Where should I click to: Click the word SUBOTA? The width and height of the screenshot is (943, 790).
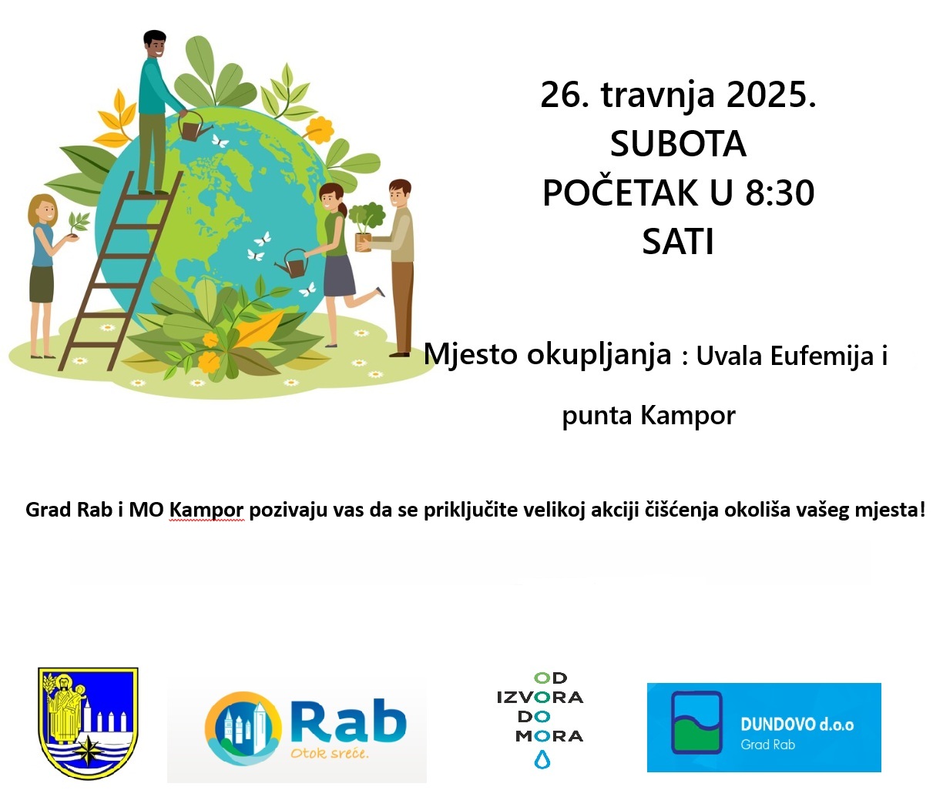click(x=678, y=144)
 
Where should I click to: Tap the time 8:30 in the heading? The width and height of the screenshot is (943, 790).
click(x=780, y=193)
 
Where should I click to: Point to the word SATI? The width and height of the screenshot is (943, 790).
click(x=678, y=242)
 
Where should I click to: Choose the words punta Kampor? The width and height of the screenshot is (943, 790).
click(x=649, y=415)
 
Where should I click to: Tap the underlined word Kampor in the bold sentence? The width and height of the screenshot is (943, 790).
click(x=206, y=510)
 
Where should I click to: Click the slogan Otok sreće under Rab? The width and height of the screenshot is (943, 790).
click(x=329, y=753)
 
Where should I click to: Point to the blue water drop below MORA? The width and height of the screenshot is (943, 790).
click(x=542, y=759)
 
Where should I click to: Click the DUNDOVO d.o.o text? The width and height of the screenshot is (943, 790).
click(x=797, y=725)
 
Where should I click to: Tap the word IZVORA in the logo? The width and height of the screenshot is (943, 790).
click(x=540, y=698)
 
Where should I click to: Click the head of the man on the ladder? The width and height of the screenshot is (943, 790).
click(x=154, y=44)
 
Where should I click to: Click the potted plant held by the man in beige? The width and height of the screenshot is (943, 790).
click(x=366, y=226)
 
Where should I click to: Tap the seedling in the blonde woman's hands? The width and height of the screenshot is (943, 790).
click(x=77, y=225)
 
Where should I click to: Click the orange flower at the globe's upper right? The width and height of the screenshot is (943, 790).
click(x=318, y=130)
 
